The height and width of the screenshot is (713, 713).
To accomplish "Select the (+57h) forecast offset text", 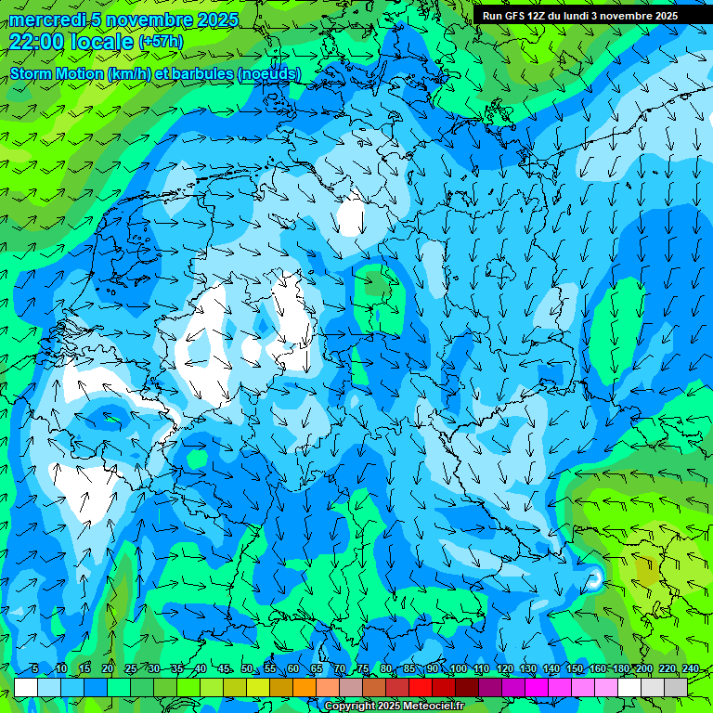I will point(161,42).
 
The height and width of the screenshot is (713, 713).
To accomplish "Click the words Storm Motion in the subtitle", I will point(56,73).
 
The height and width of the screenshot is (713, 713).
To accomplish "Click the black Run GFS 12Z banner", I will point(580,16).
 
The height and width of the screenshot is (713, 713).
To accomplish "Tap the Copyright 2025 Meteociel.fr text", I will point(395,707).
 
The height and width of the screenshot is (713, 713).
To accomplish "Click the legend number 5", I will point(34,669).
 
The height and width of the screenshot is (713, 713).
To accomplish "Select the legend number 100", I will point(458,669).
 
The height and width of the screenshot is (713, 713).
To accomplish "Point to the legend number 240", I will point(690,669).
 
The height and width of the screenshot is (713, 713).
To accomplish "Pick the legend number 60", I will point(292,669).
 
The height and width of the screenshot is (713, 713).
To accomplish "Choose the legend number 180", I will point(620,669).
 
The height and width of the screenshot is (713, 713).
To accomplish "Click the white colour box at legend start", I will point(26,687).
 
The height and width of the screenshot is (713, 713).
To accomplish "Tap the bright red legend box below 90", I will point(421,687).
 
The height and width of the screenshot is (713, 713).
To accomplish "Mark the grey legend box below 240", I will point(676,687).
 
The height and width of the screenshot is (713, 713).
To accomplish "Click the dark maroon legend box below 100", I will point(467,687).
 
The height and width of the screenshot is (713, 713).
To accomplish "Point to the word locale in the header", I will point(103,42).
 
